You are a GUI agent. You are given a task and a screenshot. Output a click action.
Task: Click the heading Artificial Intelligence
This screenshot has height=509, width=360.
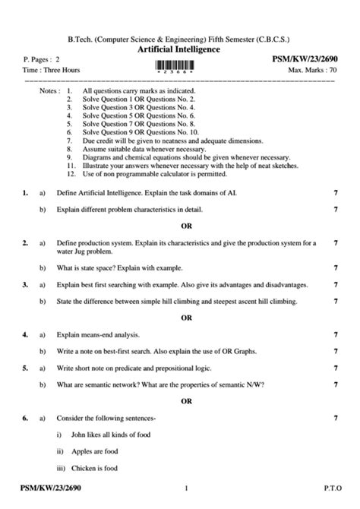tap(179, 49)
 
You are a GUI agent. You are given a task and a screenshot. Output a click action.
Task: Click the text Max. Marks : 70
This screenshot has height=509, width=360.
tap(311, 69)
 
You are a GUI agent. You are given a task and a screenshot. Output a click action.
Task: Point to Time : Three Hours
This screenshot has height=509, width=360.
tap(49, 69)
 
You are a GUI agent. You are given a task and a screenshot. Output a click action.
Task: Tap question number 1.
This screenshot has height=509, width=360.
tap(24, 194)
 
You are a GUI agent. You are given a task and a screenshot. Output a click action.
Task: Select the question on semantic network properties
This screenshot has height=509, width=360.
tap(160, 384)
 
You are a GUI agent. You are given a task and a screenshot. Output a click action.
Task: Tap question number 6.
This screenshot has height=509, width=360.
tap(24, 418)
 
